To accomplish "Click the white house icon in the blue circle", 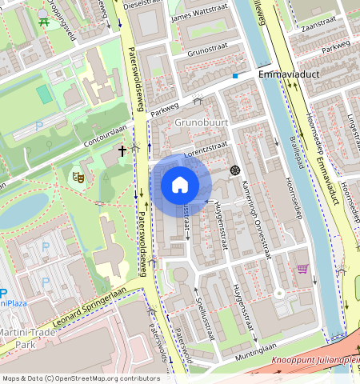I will click(180, 185).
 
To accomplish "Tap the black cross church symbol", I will click(123, 150).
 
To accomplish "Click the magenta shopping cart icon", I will click(302, 269).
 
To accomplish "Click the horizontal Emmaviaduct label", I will click(289, 73).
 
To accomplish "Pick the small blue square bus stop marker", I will click(235, 76).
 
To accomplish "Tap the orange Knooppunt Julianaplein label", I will click(316, 360).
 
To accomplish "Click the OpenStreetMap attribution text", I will click(80, 378).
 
